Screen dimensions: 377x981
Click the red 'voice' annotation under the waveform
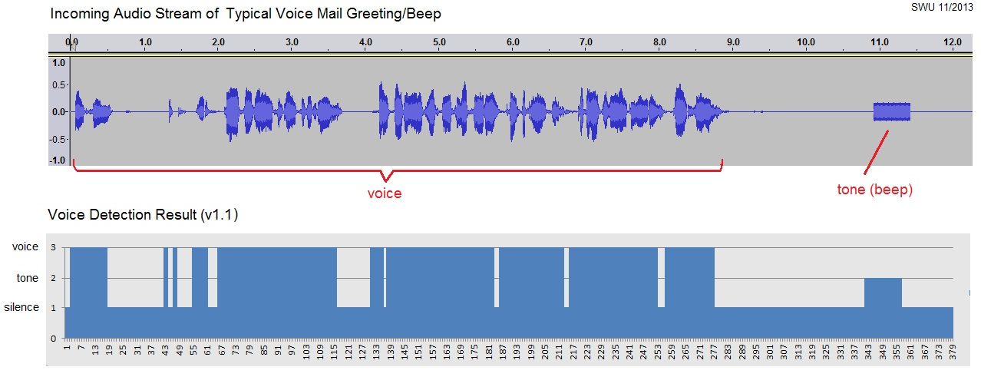pyautogui.click(x=384, y=193)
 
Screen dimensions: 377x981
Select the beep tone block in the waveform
pyautogui.click(x=891, y=112)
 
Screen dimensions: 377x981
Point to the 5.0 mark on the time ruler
pyautogui.click(x=439, y=41)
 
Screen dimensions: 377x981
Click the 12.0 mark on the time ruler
pyautogui.click(x=953, y=41)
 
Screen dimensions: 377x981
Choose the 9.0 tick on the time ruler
pyautogui.click(x=733, y=41)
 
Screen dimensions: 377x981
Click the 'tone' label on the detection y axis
pyautogui.click(x=28, y=277)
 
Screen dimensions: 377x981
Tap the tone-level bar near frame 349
pyautogui.click(x=883, y=292)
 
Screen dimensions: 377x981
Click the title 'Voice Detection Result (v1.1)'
pyautogui.click(x=143, y=215)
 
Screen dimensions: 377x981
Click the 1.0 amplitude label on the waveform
pyautogui.click(x=58, y=64)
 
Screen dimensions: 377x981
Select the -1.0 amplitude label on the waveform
pyautogui.click(x=56, y=160)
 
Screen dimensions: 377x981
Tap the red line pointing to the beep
pyautogui.click(x=876, y=152)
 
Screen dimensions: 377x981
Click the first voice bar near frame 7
pyautogui.click(x=88, y=276)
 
